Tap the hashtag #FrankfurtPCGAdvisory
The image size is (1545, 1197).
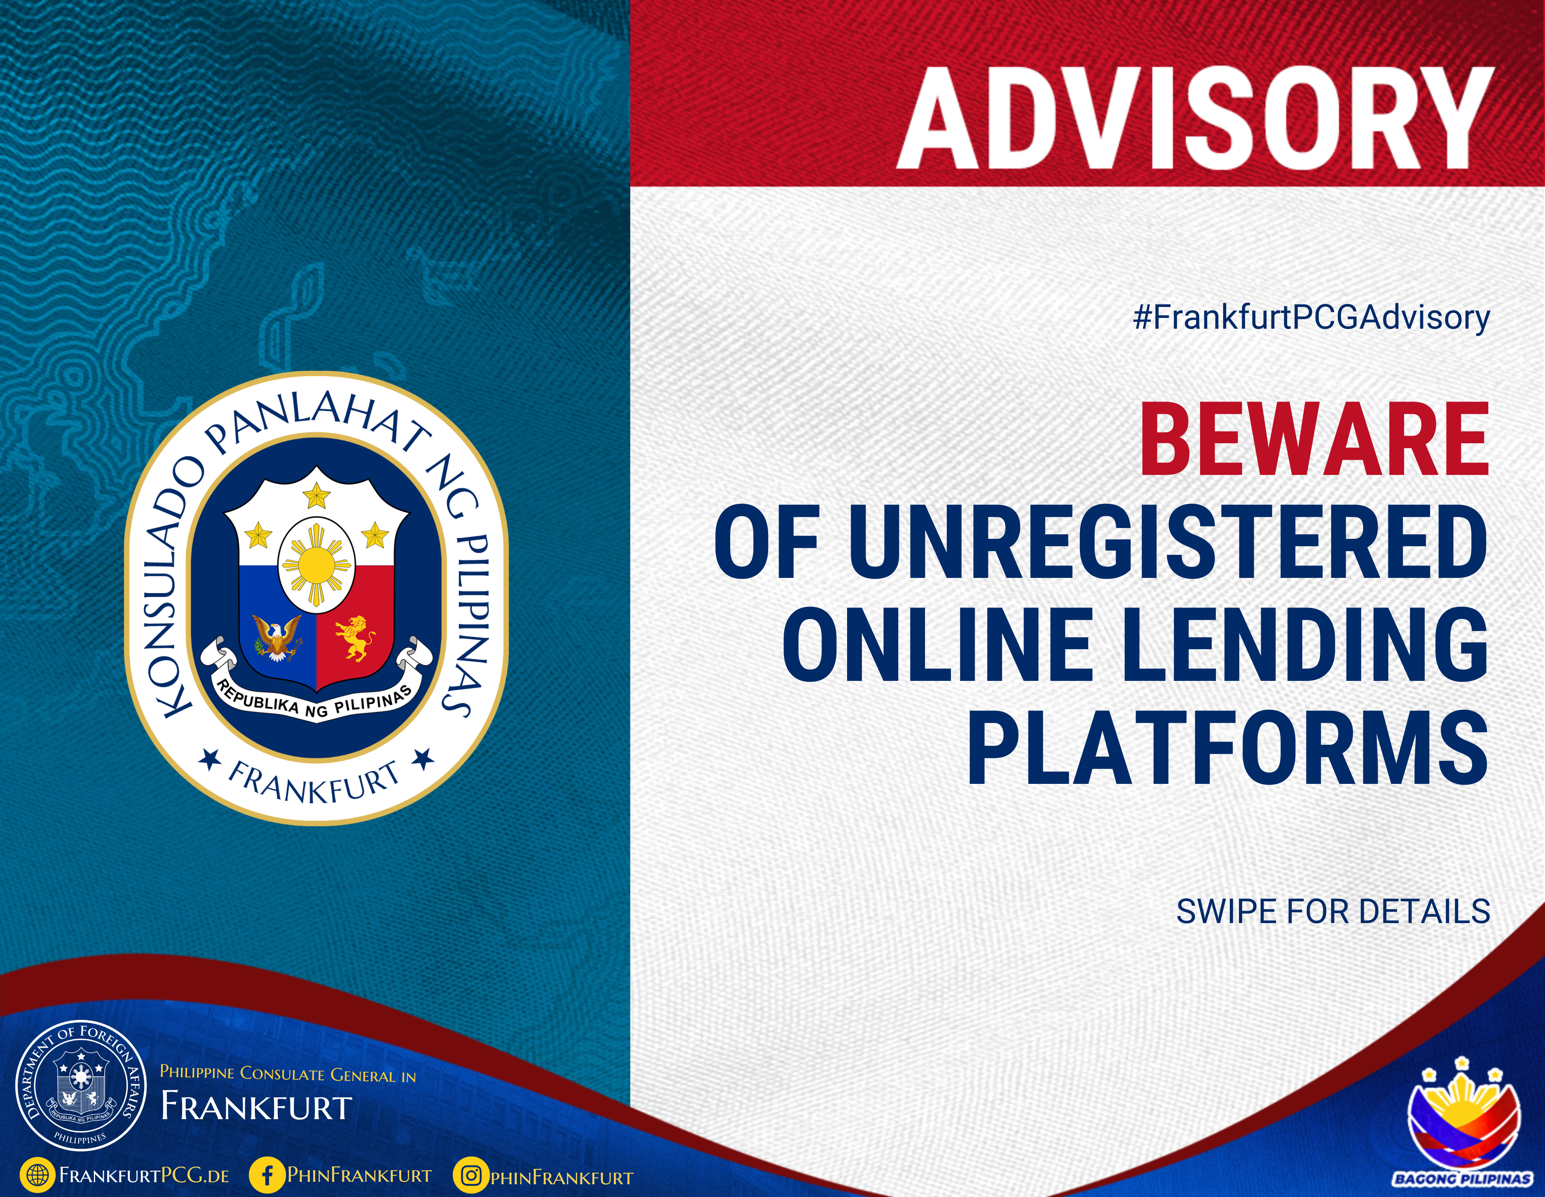coord(1311,318)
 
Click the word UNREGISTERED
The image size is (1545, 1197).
coord(1167,542)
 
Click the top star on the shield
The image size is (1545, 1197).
coord(316,495)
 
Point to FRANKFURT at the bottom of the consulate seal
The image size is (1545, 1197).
coord(314,782)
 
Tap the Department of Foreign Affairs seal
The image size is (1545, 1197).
coord(81,1086)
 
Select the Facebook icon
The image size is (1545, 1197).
coord(267,1175)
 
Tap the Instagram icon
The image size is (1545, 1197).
coord(471,1175)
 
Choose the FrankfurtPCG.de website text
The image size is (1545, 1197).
coord(144,1176)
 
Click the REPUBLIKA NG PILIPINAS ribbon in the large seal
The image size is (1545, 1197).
coord(315,699)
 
